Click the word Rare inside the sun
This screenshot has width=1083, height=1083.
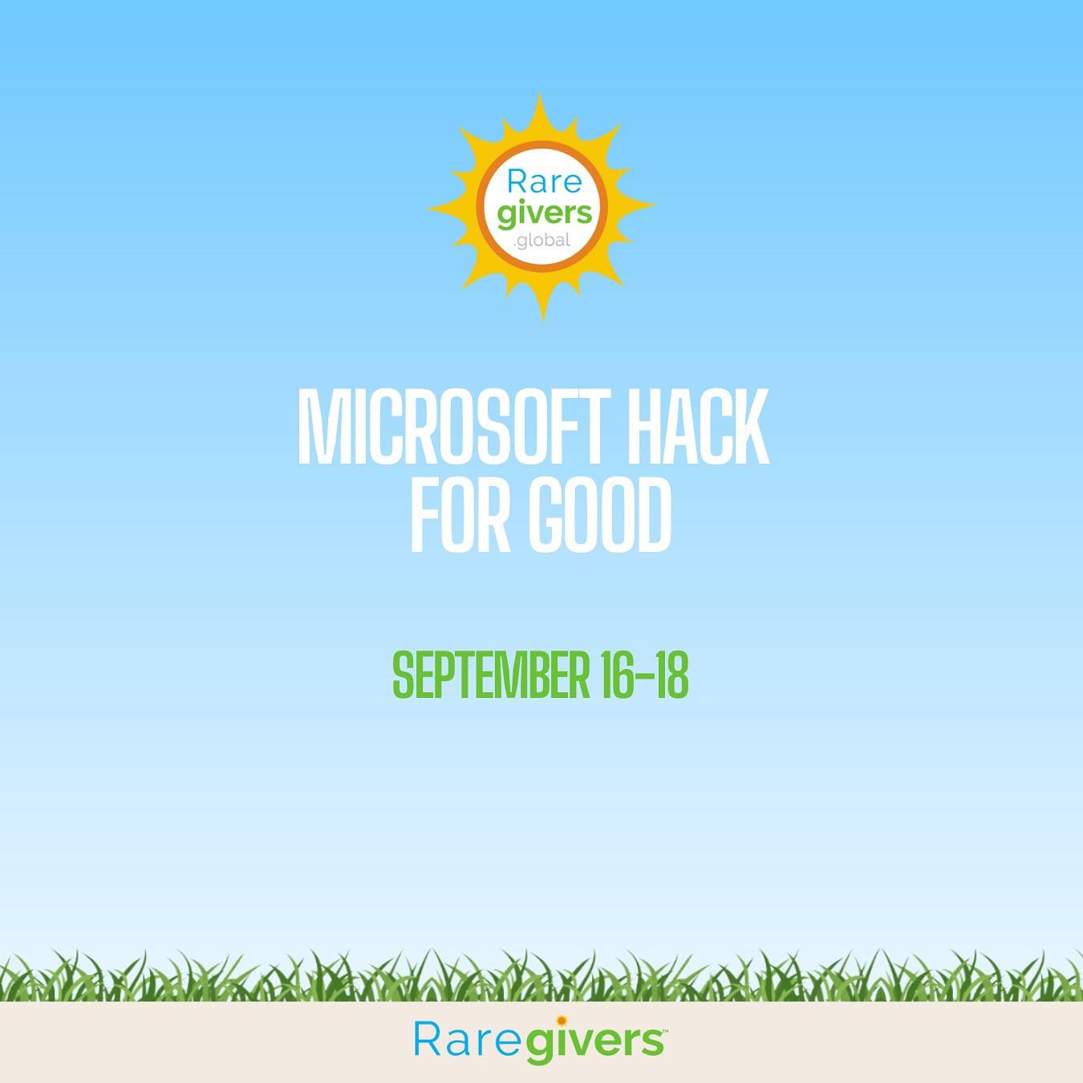pos(544,182)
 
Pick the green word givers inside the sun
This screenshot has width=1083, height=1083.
pos(544,213)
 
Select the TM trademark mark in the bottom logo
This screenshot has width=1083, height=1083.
pos(663,1030)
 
